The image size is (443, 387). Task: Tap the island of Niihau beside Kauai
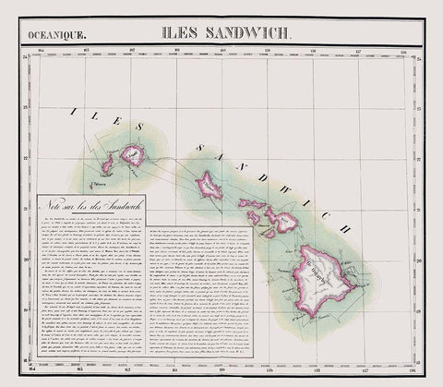(x=107, y=164)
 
